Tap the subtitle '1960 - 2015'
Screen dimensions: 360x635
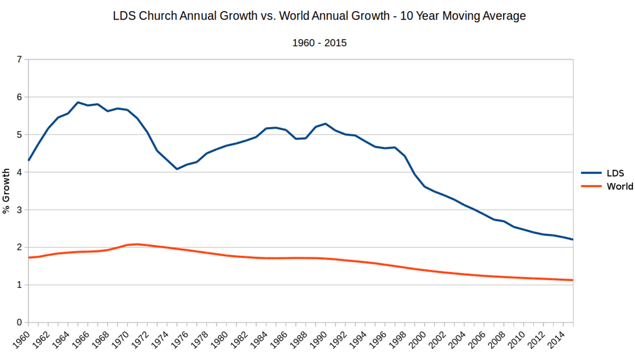click(319, 43)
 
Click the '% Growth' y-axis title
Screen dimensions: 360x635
click(7, 191)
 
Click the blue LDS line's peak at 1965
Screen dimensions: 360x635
click(78, 102)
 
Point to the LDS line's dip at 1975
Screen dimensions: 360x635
click(177, 169)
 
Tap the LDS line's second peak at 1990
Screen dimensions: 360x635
click(325, 123)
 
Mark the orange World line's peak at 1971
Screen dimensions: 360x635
click(137, 244)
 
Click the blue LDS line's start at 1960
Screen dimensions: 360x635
click(29, 160)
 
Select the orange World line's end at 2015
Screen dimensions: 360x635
click(573, 280)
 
